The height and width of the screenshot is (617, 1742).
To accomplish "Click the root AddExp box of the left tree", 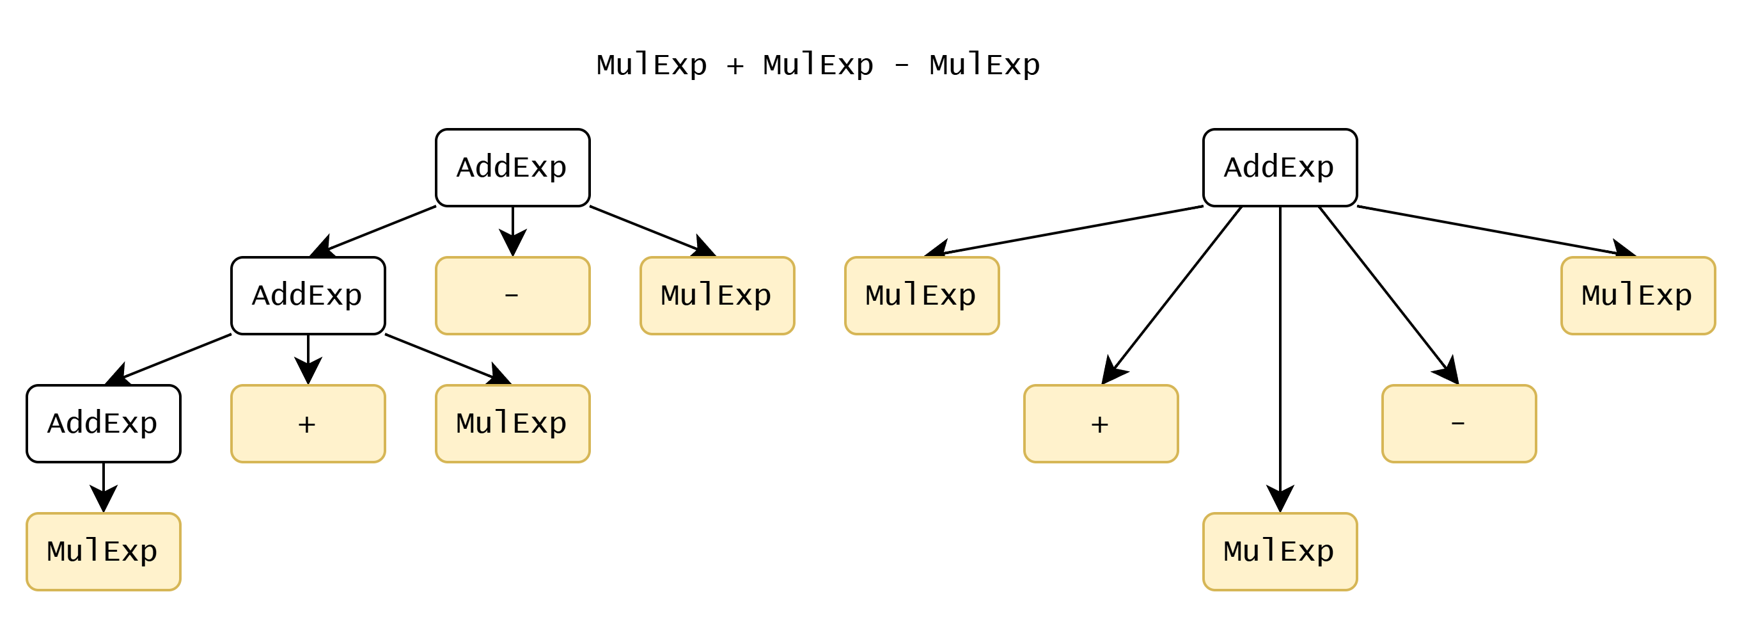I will click(513, 168).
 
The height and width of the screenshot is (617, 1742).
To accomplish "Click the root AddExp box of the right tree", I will click(1280, 168).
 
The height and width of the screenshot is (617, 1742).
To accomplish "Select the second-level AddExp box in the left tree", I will click(308, 296).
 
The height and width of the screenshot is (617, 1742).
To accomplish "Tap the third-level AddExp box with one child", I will click(104, 424).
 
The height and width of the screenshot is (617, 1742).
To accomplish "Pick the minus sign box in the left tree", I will click(513, 296).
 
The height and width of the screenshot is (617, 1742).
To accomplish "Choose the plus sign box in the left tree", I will click(308, 424).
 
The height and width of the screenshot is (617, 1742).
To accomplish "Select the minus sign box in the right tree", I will click(1459, 424).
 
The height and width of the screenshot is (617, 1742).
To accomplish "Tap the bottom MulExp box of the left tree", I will click(104, 551).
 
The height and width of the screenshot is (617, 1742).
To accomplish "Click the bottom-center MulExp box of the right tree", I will click(1280, 551).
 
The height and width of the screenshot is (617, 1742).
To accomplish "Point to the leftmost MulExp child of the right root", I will click(922, 296).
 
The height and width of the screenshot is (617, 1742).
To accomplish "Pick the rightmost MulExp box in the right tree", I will click(1638, 296).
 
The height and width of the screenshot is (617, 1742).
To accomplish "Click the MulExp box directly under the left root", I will click(717, 296).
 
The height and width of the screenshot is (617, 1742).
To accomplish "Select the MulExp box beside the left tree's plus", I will click(513, 424).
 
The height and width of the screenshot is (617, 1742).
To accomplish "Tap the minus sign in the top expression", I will click(902, 65).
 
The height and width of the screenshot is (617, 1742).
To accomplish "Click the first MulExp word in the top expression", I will click(652, 65).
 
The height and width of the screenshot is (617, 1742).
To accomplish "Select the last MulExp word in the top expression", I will click(985, 65).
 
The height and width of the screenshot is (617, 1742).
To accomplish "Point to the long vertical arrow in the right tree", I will click(1280, 358).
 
